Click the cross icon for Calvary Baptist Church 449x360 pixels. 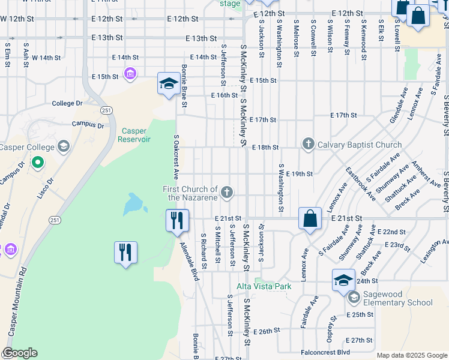308,144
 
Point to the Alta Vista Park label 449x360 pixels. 264,286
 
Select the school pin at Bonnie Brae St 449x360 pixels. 168,83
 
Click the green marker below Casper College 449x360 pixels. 37,163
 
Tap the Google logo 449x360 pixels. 19,353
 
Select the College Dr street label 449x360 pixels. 67,103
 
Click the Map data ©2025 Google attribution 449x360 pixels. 411,355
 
